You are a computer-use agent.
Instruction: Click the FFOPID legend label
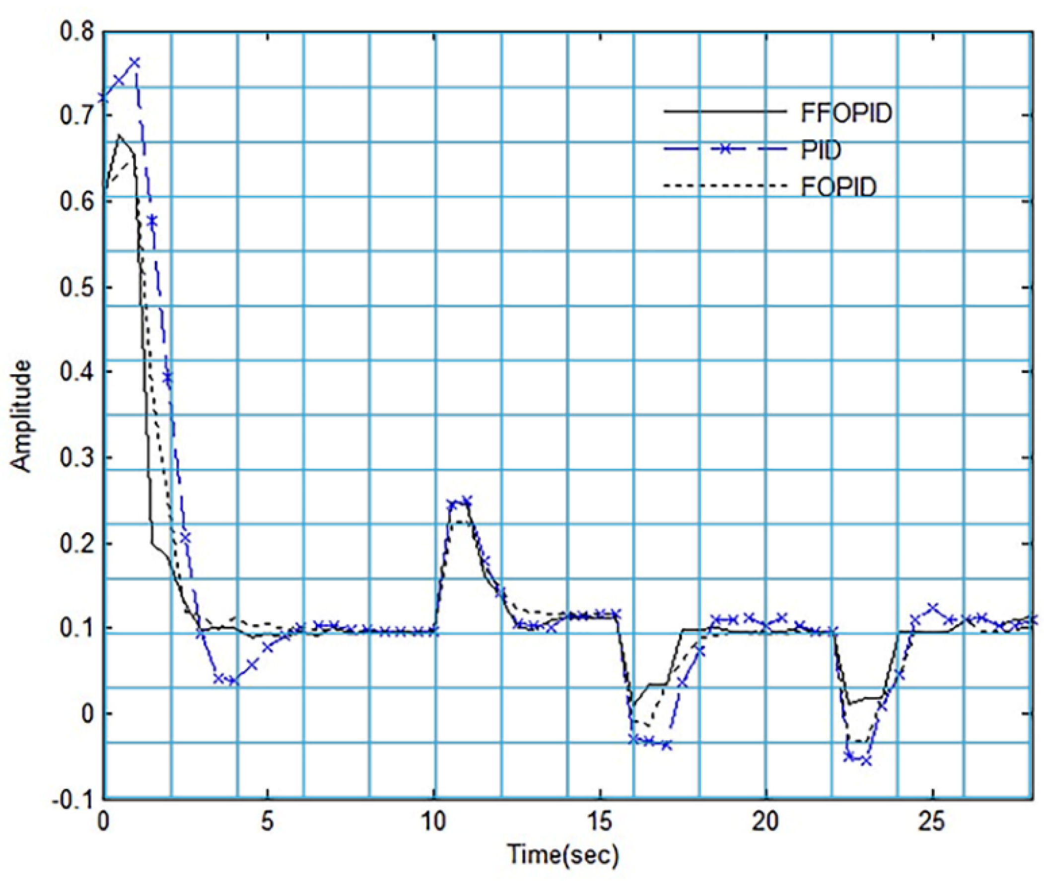846,114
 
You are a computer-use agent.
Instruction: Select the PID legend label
821,150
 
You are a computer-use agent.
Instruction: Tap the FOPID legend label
838,187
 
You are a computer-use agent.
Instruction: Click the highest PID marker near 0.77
135,63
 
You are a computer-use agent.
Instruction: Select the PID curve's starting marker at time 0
103,97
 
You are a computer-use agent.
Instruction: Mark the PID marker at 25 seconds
932,608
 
